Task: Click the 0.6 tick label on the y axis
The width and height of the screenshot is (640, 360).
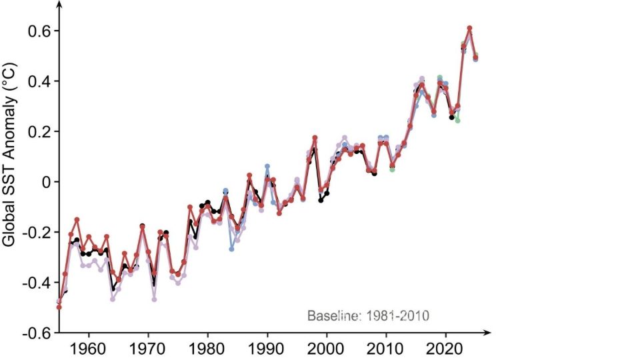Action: (39, 31)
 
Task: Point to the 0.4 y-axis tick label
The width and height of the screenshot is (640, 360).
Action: (39, 81)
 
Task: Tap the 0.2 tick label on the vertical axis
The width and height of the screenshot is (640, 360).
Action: (39, 131)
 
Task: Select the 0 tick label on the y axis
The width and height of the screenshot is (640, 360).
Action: (47, 182)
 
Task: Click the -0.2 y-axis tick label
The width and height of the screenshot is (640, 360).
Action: (37, 232)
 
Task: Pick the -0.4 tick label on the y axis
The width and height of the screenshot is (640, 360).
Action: (37, 282)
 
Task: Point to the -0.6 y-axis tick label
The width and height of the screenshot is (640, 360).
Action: (37, 333)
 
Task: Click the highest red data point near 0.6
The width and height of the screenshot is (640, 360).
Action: (469, 29)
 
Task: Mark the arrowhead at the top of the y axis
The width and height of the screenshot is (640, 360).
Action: (59, 5)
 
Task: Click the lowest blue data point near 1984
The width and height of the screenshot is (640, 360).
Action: (231, 249)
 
